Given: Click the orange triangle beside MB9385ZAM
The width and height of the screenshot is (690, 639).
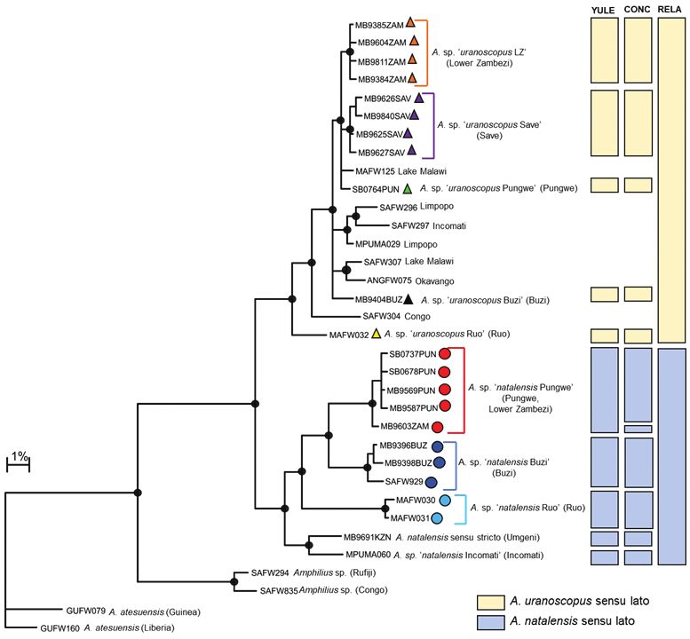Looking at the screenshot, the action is pyautogui.click(x=410, y=22).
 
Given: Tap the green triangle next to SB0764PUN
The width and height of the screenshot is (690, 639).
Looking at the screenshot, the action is pyautogui.click(x=408, y=189).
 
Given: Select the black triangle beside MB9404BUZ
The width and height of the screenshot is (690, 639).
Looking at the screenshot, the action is pyautogui.click(x=408, y=299).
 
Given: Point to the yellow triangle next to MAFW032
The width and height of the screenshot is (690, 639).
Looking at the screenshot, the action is pyautogui.click(x=376, y=334).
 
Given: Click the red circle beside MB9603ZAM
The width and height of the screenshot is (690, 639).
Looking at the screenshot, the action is pyautogui.click(x=437, y=427).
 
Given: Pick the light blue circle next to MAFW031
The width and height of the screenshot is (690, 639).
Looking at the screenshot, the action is pyautogui.click(x=437, y=518).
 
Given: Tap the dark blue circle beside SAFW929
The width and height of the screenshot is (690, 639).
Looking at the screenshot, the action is pyautogui.click(x=431, y=482).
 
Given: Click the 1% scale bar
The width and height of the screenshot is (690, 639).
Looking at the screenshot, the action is pyautogui.click(x=18, y=465).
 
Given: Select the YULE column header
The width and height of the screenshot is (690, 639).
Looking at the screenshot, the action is pyautogui.click(x=603, y=10).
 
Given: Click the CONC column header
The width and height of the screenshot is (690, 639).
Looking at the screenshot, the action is pyautogui.click(x=638, y=10).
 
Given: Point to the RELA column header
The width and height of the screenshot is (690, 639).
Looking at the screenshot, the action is pyautogui.click(x=670, y=10).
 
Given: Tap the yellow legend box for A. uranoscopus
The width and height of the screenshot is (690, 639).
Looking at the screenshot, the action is pyautogui.click(x=491, y=603).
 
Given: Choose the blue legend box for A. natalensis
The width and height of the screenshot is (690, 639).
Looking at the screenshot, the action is pyautogui.click(x=491, y=622).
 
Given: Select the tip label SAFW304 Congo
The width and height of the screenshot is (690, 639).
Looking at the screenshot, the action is pyautogui.click(x=396, y=316).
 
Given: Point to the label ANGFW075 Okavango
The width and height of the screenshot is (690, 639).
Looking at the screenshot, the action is pyautogui.click(x=410, y=280).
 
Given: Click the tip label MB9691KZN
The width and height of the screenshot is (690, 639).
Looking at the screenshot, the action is pyautogui.click(x=368, y=537).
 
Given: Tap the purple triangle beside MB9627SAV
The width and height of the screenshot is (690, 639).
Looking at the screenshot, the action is pyautogui.click(x=411, y=150).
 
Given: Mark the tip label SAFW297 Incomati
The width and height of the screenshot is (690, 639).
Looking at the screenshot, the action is pyautogui.click(x=429, y=226).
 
